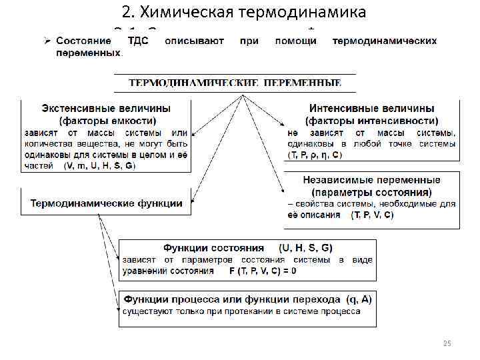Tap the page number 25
447,343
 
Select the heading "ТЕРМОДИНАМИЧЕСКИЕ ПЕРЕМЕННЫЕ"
235,83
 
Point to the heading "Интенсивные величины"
372,108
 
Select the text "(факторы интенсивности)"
372,121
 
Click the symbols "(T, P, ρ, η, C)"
315,155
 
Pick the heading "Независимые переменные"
371,180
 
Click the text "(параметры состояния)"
371,192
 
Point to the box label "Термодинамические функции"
105,204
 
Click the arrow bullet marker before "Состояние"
46,41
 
